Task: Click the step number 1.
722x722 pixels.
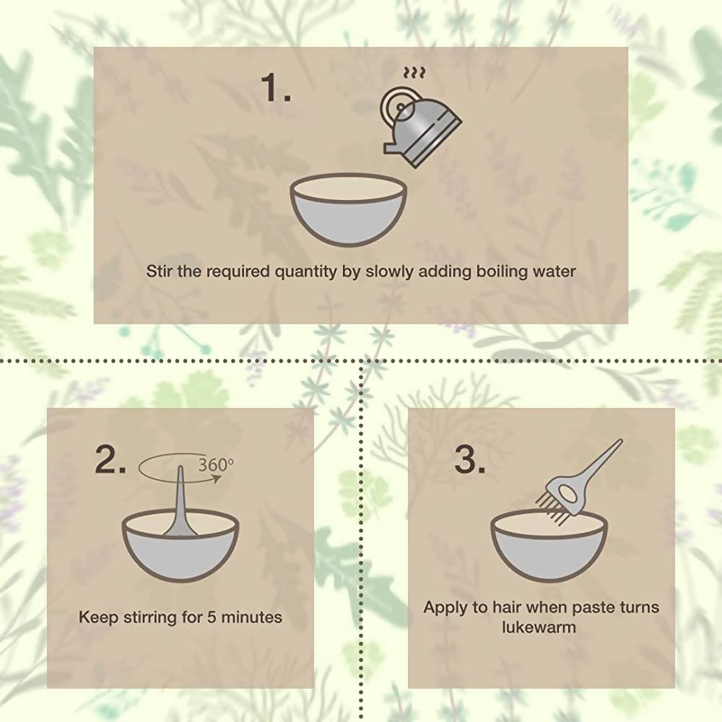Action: point(276,87)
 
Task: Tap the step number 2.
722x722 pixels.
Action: point(110,459)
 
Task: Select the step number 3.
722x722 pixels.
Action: point(470,459)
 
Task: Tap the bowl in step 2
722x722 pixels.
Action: point(180,547)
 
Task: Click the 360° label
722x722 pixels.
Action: point(216,465)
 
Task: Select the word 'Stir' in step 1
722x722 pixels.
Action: point(160,271)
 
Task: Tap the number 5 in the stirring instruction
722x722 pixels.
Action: point(212,617)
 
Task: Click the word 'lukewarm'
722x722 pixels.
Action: point(539,627)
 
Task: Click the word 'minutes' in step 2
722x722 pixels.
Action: point(251,617)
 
